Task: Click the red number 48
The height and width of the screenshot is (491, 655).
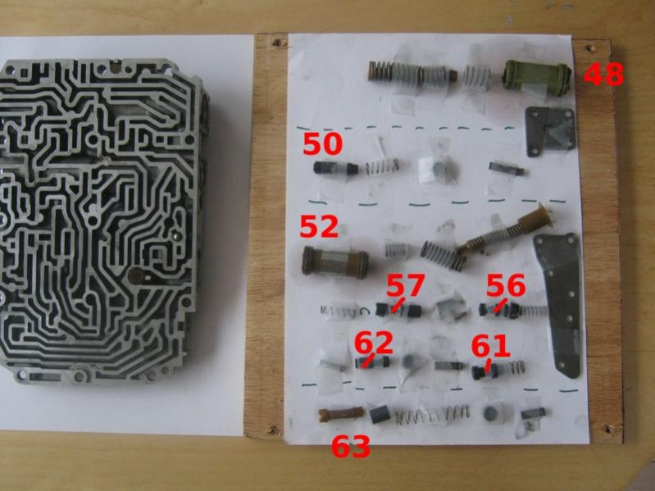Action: click(x=603, y=75)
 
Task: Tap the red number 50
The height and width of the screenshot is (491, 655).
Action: click(x=322, y=144)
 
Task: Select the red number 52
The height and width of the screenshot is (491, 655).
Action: click(x=319, y=227)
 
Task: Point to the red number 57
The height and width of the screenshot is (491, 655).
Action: click(x=405, y=285)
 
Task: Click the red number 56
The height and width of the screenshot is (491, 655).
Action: click(x=506, y=285)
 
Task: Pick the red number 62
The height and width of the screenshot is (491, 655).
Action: click(x=374, y=343)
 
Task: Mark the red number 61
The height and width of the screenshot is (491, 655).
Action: click(x=491, y=346)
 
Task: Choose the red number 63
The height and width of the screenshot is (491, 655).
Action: click(x=351, y=446)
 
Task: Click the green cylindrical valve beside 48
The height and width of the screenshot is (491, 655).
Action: click(x=536, y=78)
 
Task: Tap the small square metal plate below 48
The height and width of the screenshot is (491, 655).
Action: click(x=551, y=131)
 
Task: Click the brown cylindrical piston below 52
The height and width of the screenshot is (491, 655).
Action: click(x=335, y=262)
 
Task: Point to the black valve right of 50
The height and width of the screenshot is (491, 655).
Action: click(x=335, y=168)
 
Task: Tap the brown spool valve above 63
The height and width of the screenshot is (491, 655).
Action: click(x=341, y=413)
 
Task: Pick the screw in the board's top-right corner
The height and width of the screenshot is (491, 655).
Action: click(x=590, y=48)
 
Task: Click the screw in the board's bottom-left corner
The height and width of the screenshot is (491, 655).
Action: click(x=274, y=429)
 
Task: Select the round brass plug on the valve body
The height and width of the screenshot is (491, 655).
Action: click(x=136, y=275)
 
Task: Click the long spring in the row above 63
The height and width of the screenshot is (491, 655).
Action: click(x=432, y=415)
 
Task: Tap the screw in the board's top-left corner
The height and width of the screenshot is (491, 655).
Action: click(x=276, y=43)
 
